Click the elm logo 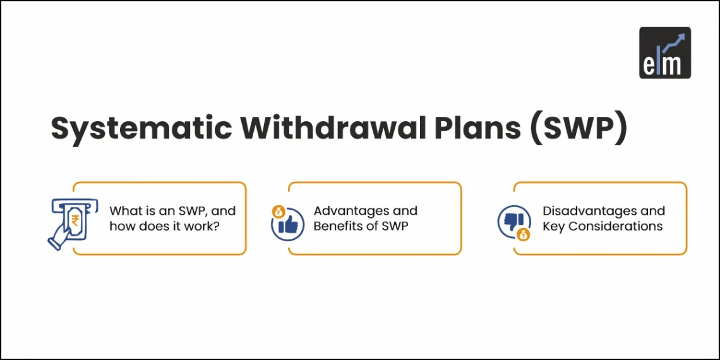tap(664, 52)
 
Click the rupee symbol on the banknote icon tap(75, 221)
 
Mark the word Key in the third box tap(554, 226)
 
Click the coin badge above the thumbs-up tap(277, 211)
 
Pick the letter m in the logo tap(675, 64)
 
